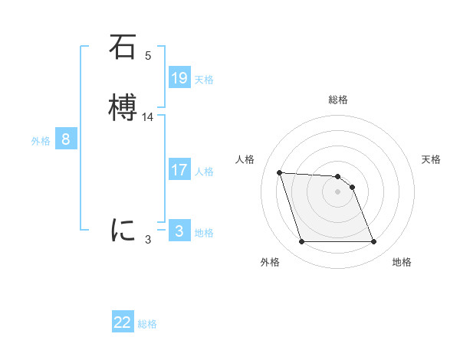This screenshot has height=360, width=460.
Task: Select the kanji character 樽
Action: (123, 108)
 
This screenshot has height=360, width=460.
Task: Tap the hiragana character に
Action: (123, 230)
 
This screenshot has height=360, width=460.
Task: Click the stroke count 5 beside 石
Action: (148, 56)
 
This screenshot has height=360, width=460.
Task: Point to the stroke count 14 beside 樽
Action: (148, 117)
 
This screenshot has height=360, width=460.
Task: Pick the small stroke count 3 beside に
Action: (148, 239)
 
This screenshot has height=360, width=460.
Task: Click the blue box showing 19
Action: (179, 78)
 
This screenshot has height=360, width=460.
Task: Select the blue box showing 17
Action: (179, 170)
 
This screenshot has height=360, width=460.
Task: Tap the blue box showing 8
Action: (66, 139)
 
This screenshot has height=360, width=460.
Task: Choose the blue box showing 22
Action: (123, 322)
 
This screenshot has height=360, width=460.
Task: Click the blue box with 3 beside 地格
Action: (179, 231)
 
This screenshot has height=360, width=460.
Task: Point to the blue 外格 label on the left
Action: (40, 141)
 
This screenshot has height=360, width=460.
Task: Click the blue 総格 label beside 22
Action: (147, 324)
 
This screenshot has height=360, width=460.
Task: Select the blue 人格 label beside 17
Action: (205, 172)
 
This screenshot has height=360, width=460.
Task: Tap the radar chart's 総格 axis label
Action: (338, 100)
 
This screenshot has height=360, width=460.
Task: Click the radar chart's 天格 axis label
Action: (431, 159)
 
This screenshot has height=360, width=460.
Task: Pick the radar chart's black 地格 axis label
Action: (402, 263)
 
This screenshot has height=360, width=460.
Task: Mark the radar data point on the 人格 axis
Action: (279, 172)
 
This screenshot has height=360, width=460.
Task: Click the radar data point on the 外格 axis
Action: (301, 242)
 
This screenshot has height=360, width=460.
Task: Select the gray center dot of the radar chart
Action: (338, 191)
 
